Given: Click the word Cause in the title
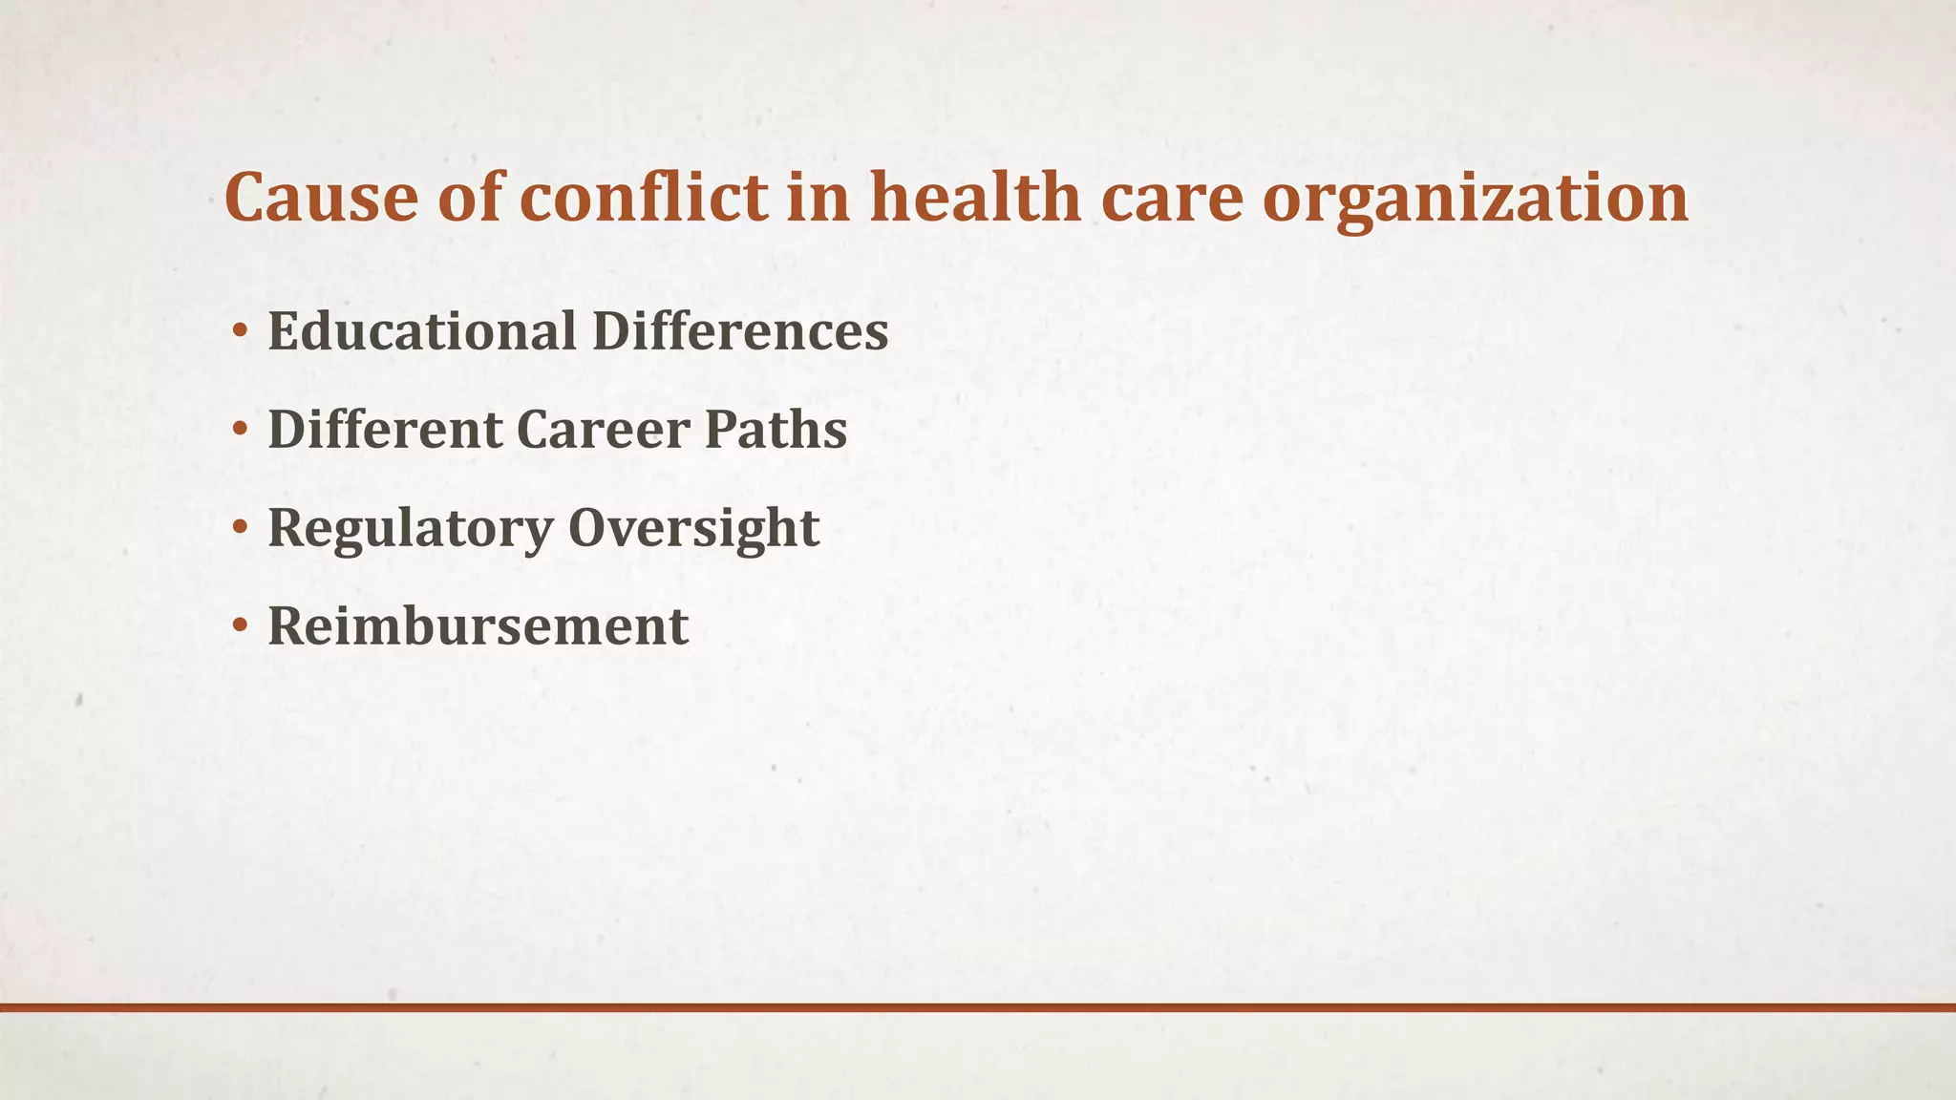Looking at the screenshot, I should [x=321, y=198].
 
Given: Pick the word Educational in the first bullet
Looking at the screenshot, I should [x=421, y=331].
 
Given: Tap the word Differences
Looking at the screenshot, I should [x=740, y=331].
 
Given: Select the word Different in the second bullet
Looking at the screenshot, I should [x=385, y=429].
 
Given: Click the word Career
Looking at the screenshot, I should [x=604, y=429].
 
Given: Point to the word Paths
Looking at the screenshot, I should [x=776, y=429].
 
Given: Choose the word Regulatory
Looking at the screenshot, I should [x=410, y=528].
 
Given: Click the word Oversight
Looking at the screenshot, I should [x=693, y=528].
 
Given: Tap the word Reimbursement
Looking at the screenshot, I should [x=478, y=626].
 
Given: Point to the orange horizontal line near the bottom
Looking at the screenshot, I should [x=978, y=1007].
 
